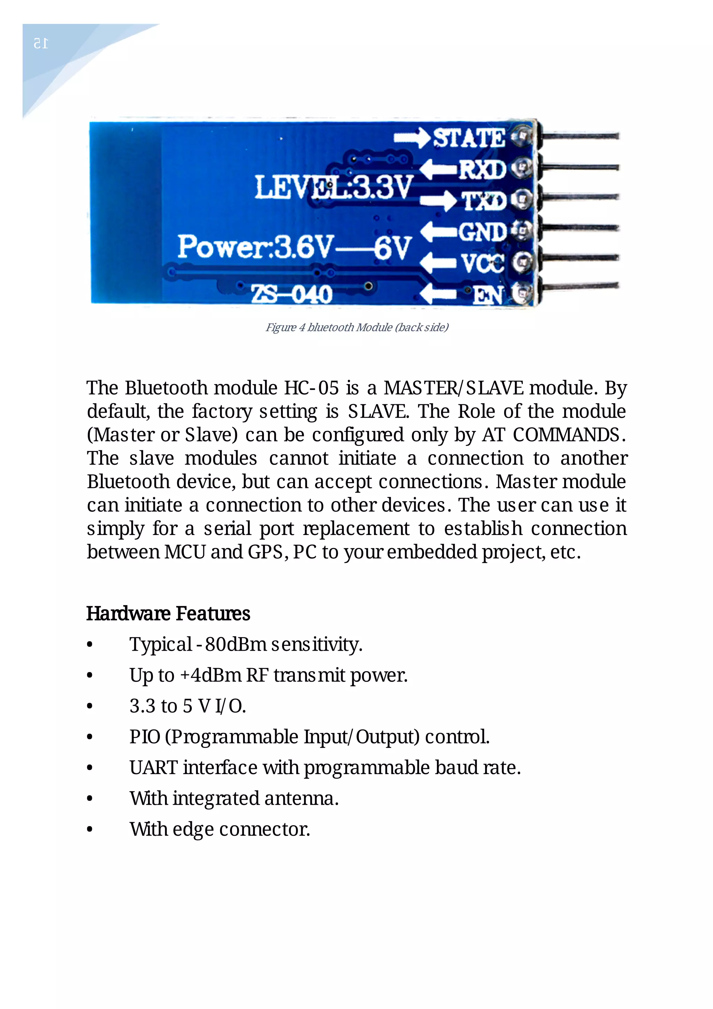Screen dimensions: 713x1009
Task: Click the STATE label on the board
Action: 469,138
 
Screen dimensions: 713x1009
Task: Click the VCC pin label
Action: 482,263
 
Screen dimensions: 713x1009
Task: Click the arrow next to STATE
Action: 412,138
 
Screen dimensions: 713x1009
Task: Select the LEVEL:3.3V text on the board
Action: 334,187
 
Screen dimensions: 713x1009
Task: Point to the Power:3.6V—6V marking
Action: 295,247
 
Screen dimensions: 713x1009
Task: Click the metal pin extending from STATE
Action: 580,136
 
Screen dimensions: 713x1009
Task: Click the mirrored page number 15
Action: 41,44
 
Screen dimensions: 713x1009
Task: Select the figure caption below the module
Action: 356,327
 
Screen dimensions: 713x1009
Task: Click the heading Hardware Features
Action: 168,613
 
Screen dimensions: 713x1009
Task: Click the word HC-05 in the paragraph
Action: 312,388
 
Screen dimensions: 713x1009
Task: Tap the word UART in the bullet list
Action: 153,768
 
